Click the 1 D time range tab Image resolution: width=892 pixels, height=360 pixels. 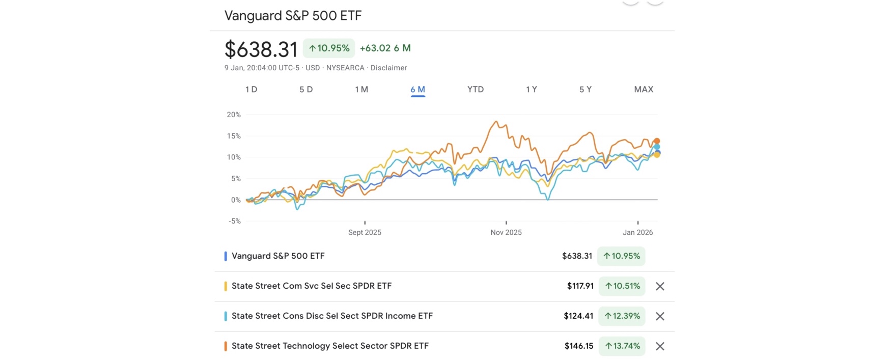pos(251,90)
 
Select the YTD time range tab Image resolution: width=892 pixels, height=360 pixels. pos(475,90)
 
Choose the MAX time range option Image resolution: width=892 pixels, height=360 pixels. pos(643,90)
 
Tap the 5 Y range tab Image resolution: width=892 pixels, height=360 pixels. pos(585,90)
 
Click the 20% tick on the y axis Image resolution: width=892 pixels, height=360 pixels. pos(234,115)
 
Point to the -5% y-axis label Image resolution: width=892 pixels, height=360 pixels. pos(234,221)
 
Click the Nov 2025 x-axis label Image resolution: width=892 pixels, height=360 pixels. pos(506,232)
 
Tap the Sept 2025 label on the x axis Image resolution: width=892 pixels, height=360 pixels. pos(365,232)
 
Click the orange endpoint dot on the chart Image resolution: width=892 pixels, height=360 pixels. pos(657,141)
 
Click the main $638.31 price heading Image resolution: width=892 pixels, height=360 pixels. pos(261,49)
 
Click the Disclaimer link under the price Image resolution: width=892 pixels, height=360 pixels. pos(388,68)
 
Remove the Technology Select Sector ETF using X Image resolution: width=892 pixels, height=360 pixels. pos(660,346)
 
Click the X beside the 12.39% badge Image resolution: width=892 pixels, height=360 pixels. pos(660,316)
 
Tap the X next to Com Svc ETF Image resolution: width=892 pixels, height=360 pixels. pos(660,286)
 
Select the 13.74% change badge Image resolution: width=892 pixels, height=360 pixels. pos(622,346)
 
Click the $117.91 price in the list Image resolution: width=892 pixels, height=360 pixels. pos(580,286)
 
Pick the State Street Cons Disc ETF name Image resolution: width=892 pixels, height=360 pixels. pos(332,316)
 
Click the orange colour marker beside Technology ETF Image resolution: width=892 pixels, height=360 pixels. pos(226,346)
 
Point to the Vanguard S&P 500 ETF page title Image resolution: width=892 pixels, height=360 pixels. pos(293,16)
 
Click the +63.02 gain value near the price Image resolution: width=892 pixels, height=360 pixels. pos(375,48)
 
